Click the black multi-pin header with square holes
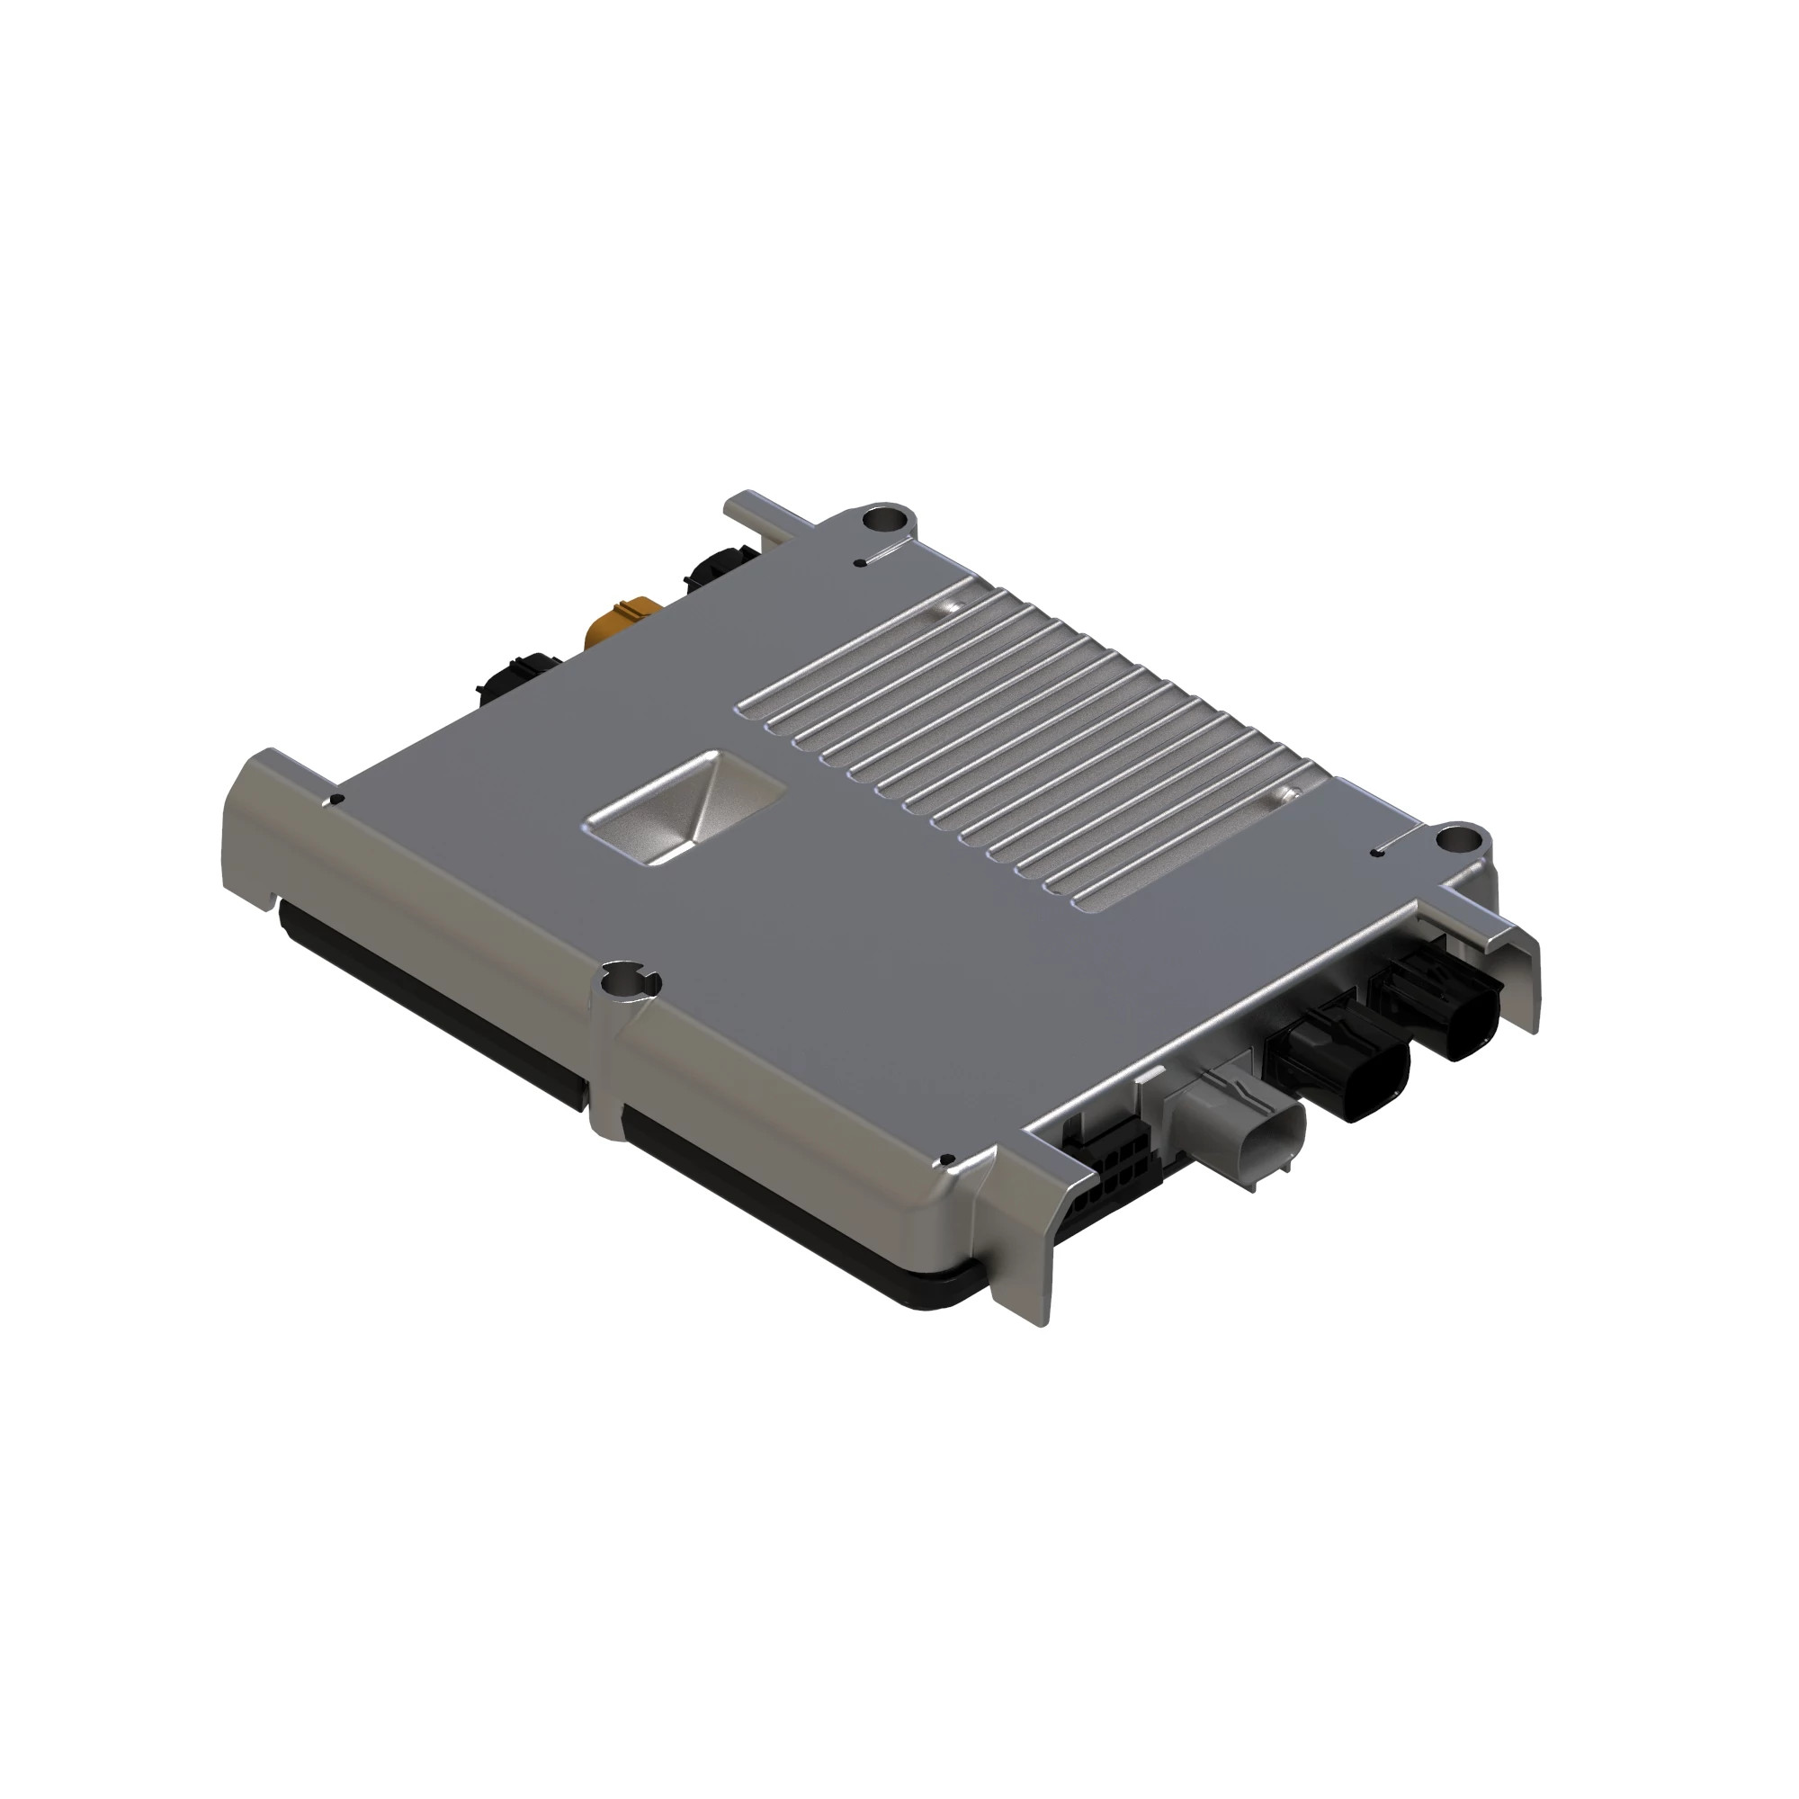tap(1104, 1175)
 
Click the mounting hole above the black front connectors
tap(1456, 841)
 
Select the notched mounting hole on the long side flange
tap(630, 980)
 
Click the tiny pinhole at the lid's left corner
tap(338, 799)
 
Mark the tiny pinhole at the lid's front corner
tap(947, 1159)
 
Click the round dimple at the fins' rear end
tap(947, 607)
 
